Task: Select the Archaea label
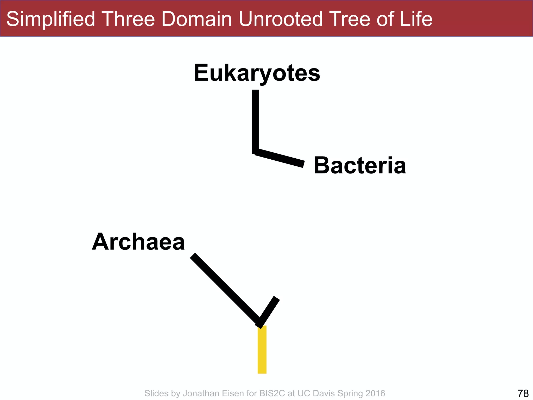[138, 242]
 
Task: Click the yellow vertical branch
[262, 349]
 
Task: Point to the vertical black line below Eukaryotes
[255, 121]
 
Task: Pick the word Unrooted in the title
[281, 19]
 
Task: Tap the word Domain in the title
[196, 19]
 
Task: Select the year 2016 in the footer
[375, 393]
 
